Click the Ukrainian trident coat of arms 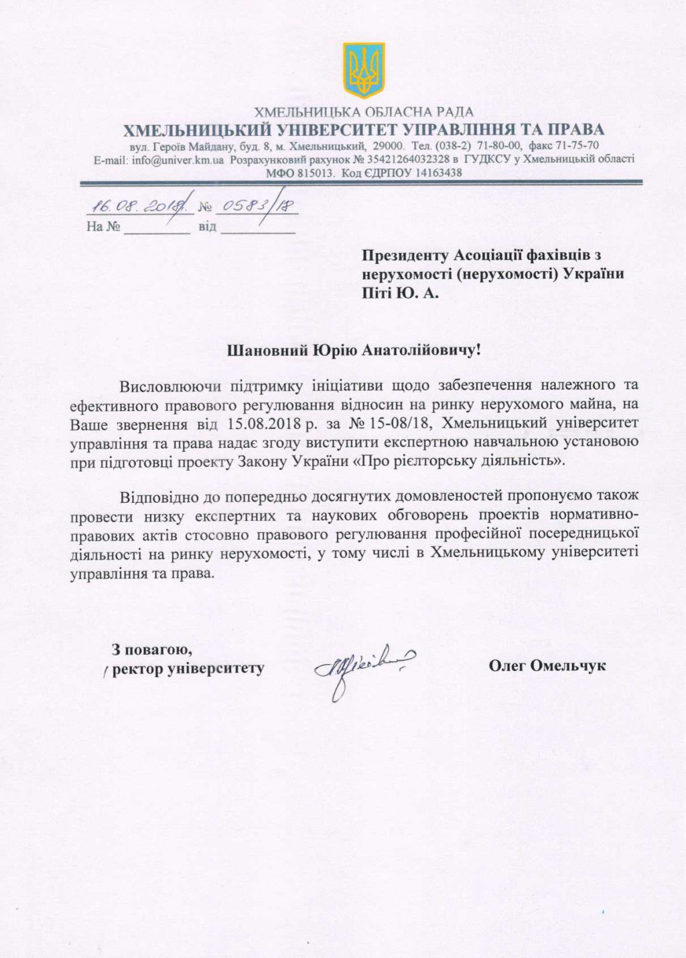[364, 70]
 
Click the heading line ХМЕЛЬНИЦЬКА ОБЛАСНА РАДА [364, 112]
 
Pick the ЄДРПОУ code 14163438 [430, 172]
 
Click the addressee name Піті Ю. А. [401, 293]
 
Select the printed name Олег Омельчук [547, 665]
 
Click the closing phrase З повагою [153, 649]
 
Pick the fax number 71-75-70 [576, 145]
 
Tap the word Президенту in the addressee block [405, 255]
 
